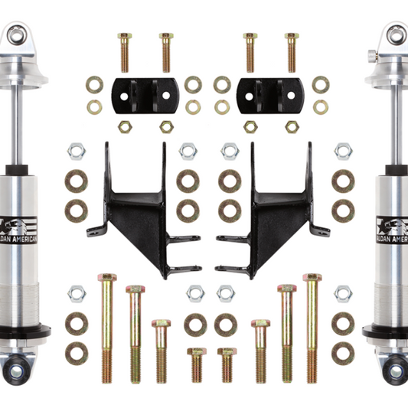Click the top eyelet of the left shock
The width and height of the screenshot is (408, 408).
tap(14, 34)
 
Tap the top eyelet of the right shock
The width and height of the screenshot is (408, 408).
tap(395, 34)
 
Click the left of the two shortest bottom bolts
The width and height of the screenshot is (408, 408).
tap(195, 365)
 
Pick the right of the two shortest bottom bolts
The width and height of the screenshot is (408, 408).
tap(226, 365)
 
